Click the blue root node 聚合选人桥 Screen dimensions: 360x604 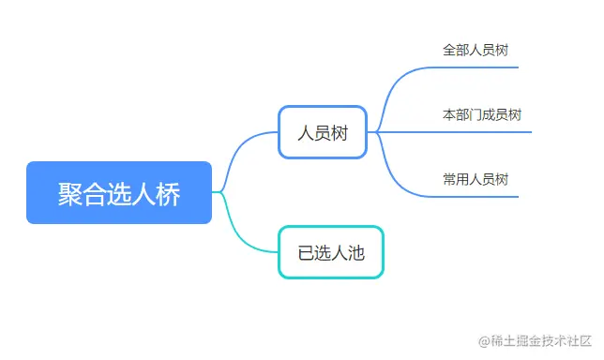(119, 193)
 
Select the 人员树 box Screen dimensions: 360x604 (323, 132)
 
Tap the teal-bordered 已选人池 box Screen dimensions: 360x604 (330, 252)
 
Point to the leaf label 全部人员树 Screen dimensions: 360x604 (476, 50)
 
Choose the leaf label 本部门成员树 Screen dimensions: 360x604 (481, 114)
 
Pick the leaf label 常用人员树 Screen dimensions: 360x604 (476, 179)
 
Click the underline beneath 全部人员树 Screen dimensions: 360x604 (478, 67)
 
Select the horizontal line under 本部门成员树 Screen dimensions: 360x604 (483, 132)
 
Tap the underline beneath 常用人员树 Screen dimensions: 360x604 (478, 197)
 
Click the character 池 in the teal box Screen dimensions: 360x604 (355, 252)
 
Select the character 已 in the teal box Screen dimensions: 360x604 (306, 252)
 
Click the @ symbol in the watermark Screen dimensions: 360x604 (484, 342)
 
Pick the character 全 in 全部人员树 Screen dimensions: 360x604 (450, 50)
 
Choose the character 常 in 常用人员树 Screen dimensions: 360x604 (450, 179)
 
